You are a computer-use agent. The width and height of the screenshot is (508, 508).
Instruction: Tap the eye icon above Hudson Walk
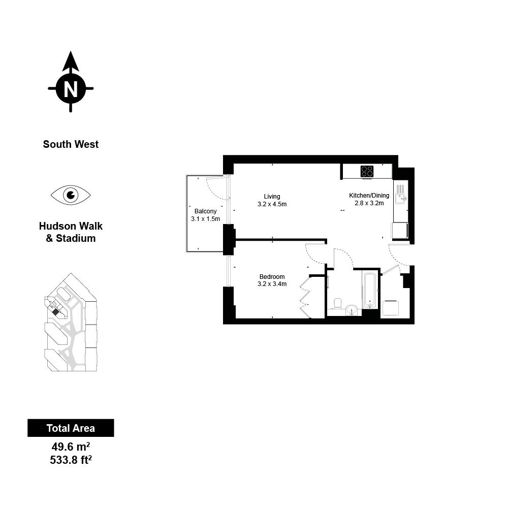pyautogui.click(x=71, y=195)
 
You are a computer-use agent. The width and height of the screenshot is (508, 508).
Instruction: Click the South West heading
pyautogui.click(x=71, y=144)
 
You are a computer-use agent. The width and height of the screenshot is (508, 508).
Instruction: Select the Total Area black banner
pyautogui.click(x=71, y=428)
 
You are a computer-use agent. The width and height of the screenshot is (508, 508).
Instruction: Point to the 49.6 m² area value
pyautogui.click(x=71, y=447)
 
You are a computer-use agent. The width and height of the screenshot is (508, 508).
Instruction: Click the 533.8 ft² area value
pyautogui.click(x=71, y=460)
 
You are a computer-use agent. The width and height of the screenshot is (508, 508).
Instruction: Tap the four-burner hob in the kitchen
pyautogui.click(x=367, y=171)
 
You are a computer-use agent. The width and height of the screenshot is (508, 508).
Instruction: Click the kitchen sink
pyautogui.click(x=400, y=199)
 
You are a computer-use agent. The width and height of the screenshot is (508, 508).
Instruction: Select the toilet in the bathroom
pyautogui.click(x=338, y=304)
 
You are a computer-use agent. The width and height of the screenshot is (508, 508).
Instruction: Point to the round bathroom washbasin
pyautogui.click(x=352, y=309)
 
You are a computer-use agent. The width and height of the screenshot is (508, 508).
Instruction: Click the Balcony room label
pyautogui.click(x=205, y=211)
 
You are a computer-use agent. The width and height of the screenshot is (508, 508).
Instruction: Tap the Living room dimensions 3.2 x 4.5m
pyautogui.click(x=272, y=204)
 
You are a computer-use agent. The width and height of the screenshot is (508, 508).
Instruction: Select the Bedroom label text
pyautogui.click(x=272, y=277)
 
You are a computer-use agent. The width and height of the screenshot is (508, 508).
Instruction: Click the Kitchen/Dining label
pyautogui.click(x=369, y=196)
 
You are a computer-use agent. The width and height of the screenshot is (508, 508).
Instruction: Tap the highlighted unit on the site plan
pyautogui.click(x=56, y=312)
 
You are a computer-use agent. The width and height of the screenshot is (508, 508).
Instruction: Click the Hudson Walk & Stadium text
pyautogui.click(x=71, y=232)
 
